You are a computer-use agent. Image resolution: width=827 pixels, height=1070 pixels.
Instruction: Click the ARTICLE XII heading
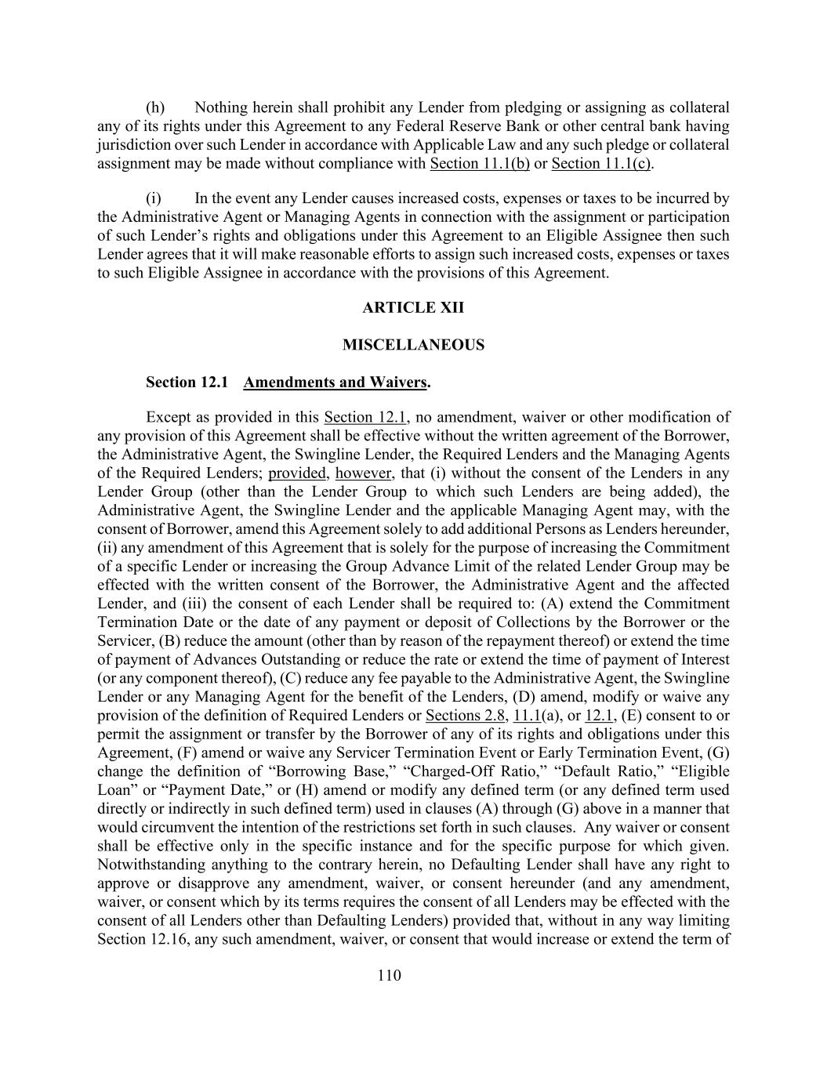[x=413, y=307]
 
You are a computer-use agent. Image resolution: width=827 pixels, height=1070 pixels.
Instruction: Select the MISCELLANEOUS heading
[x=413, y=345]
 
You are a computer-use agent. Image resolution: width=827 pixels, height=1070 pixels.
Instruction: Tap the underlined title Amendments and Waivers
[x=336, y=383]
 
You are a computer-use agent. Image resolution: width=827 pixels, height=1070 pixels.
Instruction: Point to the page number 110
[x=389, y=975]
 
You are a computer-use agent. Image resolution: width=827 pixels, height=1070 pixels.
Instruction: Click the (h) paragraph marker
[x=155, y=107]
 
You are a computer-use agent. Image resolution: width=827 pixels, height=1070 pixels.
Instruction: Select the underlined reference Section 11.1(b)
[x=480, y=164]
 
